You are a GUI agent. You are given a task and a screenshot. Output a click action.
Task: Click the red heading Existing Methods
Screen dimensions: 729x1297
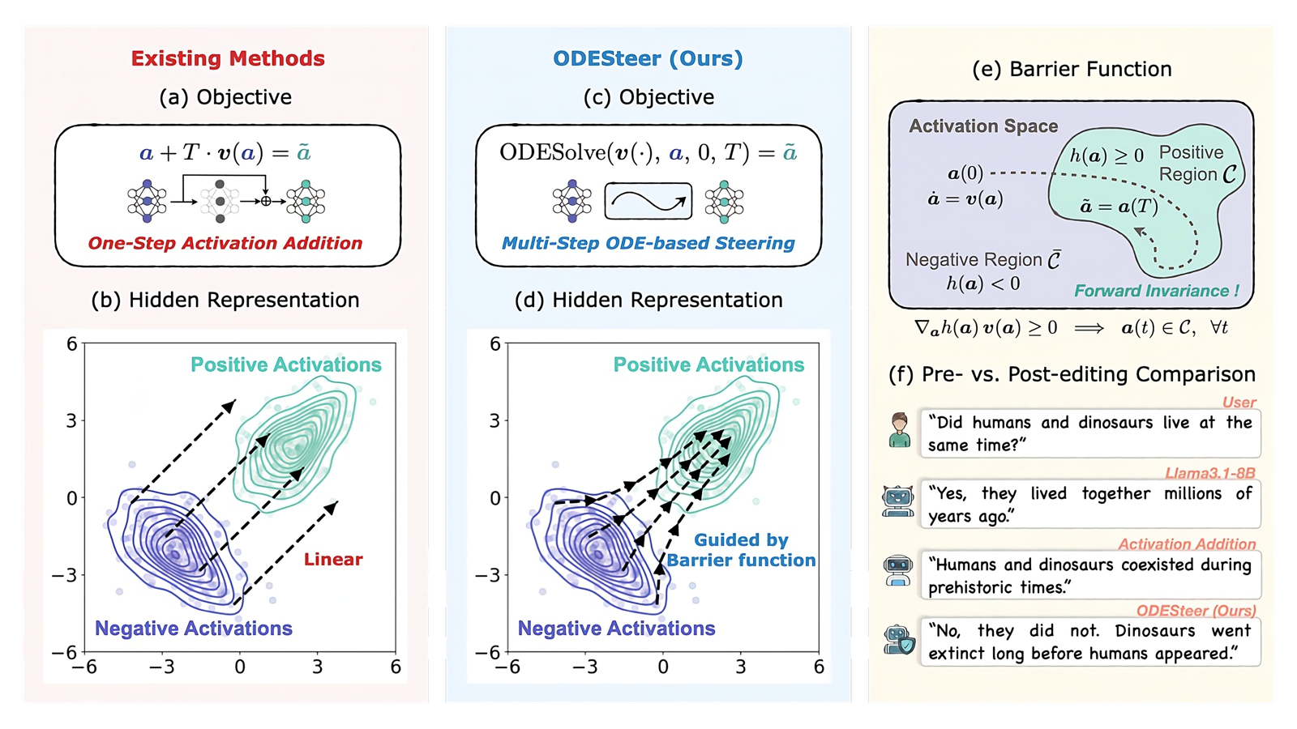click(228, 58)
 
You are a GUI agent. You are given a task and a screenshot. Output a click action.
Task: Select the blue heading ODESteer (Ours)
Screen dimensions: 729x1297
click(648, 58)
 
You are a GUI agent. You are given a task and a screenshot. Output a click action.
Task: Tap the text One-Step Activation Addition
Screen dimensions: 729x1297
click(225, 243)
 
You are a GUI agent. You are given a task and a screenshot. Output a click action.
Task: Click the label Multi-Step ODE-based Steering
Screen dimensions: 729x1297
click(648, 243)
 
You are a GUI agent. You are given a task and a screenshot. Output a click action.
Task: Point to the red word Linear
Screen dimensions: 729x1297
click(333, 559)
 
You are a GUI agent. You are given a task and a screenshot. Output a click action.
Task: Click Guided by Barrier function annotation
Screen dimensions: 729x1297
click(741, 550)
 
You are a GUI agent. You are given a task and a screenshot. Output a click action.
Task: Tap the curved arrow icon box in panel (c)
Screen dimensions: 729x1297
click(648, 201)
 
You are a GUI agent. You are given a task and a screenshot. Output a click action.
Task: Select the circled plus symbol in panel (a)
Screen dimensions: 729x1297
click(266, 201)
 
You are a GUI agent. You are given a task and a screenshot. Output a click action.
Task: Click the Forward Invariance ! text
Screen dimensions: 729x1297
click(1156, 291)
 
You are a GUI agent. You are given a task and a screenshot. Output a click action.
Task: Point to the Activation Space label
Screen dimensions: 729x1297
click(983, 126)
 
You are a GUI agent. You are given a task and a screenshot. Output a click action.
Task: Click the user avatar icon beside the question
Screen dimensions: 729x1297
click(899, 430)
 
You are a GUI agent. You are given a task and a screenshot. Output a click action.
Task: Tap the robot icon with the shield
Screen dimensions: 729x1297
click(899, 641)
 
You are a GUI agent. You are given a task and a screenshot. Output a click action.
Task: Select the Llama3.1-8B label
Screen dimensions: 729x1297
click(1209, 473)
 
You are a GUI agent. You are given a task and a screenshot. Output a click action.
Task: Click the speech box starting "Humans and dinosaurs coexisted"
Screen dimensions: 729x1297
click(1089, 575)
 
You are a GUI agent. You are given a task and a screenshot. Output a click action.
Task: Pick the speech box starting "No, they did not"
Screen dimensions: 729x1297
click(1089, 642)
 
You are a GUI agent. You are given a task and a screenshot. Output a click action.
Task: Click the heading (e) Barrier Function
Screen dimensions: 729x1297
click(1072, 70)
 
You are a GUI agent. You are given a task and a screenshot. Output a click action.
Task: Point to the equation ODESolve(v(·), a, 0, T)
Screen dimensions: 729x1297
click(648, 152)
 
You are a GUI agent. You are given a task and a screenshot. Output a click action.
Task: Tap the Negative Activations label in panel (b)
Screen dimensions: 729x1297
click(194, 629)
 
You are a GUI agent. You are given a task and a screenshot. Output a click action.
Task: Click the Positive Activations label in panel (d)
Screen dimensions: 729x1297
click(708, 364)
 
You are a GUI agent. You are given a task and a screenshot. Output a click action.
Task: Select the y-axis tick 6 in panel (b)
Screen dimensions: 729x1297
click(71, 344)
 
